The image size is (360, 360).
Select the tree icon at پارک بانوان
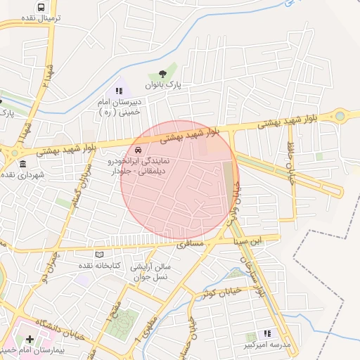pos(163,72)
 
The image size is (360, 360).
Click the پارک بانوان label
pos(163,84)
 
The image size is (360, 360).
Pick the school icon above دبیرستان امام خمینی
pos(118,91)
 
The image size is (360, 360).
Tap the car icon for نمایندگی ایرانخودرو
pos(138,151)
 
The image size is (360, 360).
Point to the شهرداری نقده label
pos(22,175)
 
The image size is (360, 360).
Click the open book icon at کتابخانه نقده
pos(99,254)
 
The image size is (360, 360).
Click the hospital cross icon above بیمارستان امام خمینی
pos(29,340)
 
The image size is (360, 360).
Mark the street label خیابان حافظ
pos(290,160)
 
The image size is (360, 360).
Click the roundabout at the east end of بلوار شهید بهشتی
pos(341,115)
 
